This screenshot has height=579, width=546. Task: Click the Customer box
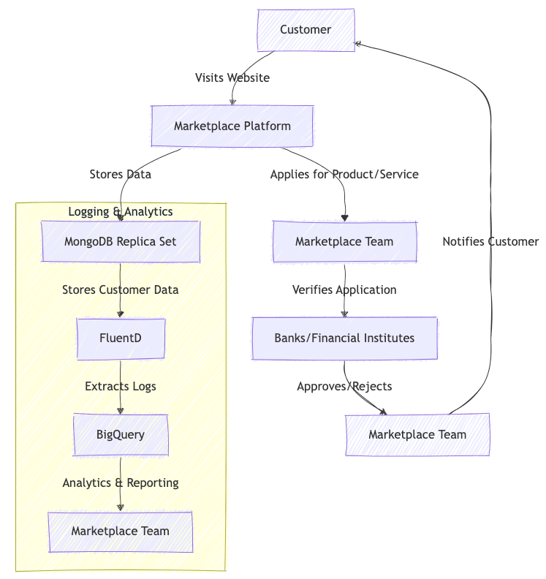[306, 30]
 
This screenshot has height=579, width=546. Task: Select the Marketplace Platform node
[232, 126]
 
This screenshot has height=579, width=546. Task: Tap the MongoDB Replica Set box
[121, 242]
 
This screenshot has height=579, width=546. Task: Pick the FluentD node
[121, 338]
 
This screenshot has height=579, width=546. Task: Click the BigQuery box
[121, 435]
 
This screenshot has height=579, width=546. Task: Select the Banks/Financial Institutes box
[344, 338]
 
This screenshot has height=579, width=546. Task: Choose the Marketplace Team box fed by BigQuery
[121, 531]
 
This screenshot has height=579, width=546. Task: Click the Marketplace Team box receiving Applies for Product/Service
[344, 242]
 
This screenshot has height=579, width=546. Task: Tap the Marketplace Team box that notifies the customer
[417, 435]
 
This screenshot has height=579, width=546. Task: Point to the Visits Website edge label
[232, 78]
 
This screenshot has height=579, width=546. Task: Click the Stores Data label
[121, 175]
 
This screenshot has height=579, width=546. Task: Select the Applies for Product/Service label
[344, 175]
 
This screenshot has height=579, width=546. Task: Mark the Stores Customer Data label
[121, 290]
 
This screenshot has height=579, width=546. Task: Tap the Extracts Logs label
[121, 387]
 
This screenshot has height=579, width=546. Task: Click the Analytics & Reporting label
[121, 483]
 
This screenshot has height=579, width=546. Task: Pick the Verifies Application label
[344, 290]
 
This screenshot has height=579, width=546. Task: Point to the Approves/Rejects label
[344, 387]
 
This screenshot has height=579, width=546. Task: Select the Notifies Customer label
[490, 242]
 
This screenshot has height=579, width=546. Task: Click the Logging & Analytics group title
[121, 212]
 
